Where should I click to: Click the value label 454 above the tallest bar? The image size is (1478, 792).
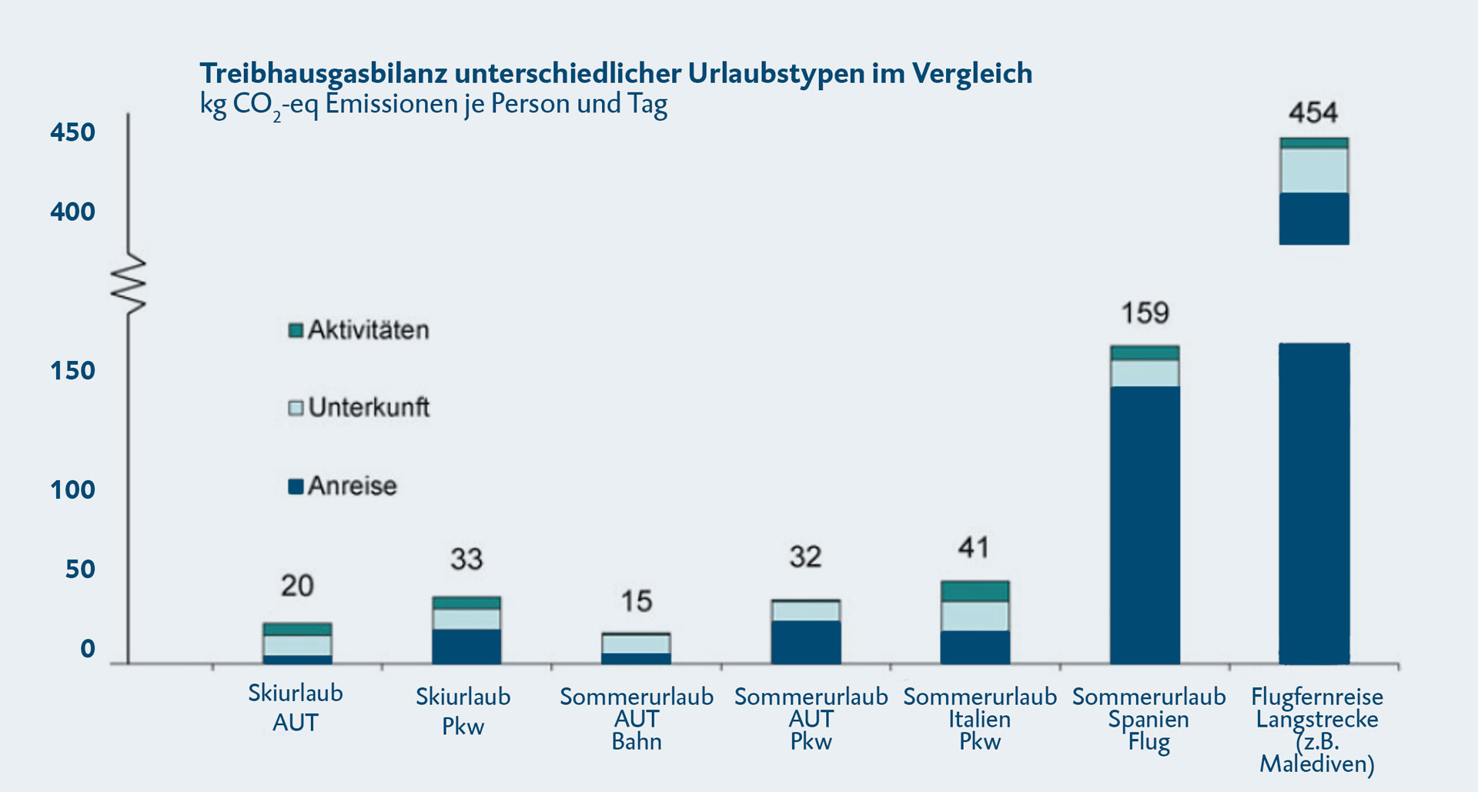(x=1313, y=113)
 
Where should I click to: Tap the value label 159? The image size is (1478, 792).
(x=1145, y=313)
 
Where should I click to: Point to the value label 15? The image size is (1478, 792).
(x=637, y=601)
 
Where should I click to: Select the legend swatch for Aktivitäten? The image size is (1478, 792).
(x=296, y=330)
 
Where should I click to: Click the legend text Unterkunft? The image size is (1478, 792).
(x=369, y=407)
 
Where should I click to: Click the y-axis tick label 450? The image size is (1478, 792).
(x=72, y=132)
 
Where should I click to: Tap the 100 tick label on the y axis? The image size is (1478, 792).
(x=72, y=490)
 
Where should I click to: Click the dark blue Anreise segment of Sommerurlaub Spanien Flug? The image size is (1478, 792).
(x=1145, y=523)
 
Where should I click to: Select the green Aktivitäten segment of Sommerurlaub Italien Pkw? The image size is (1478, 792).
(x=975, y=591)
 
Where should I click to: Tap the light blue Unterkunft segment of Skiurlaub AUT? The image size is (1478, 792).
(x=297, y=645)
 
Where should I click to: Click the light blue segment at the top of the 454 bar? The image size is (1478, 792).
(x=1314, y=170)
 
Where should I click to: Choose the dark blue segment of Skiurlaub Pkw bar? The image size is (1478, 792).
(x=466, y=647)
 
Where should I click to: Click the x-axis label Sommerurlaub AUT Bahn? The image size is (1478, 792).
(x=637, y=719)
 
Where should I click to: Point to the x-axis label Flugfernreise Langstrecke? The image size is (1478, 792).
(x=1316, y=708)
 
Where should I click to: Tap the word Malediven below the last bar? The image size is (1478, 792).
(x=1316, y=764)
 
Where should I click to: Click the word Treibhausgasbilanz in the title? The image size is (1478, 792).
(x=323, y=73)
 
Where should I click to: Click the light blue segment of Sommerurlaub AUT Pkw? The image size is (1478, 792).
(x=805, y=611)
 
